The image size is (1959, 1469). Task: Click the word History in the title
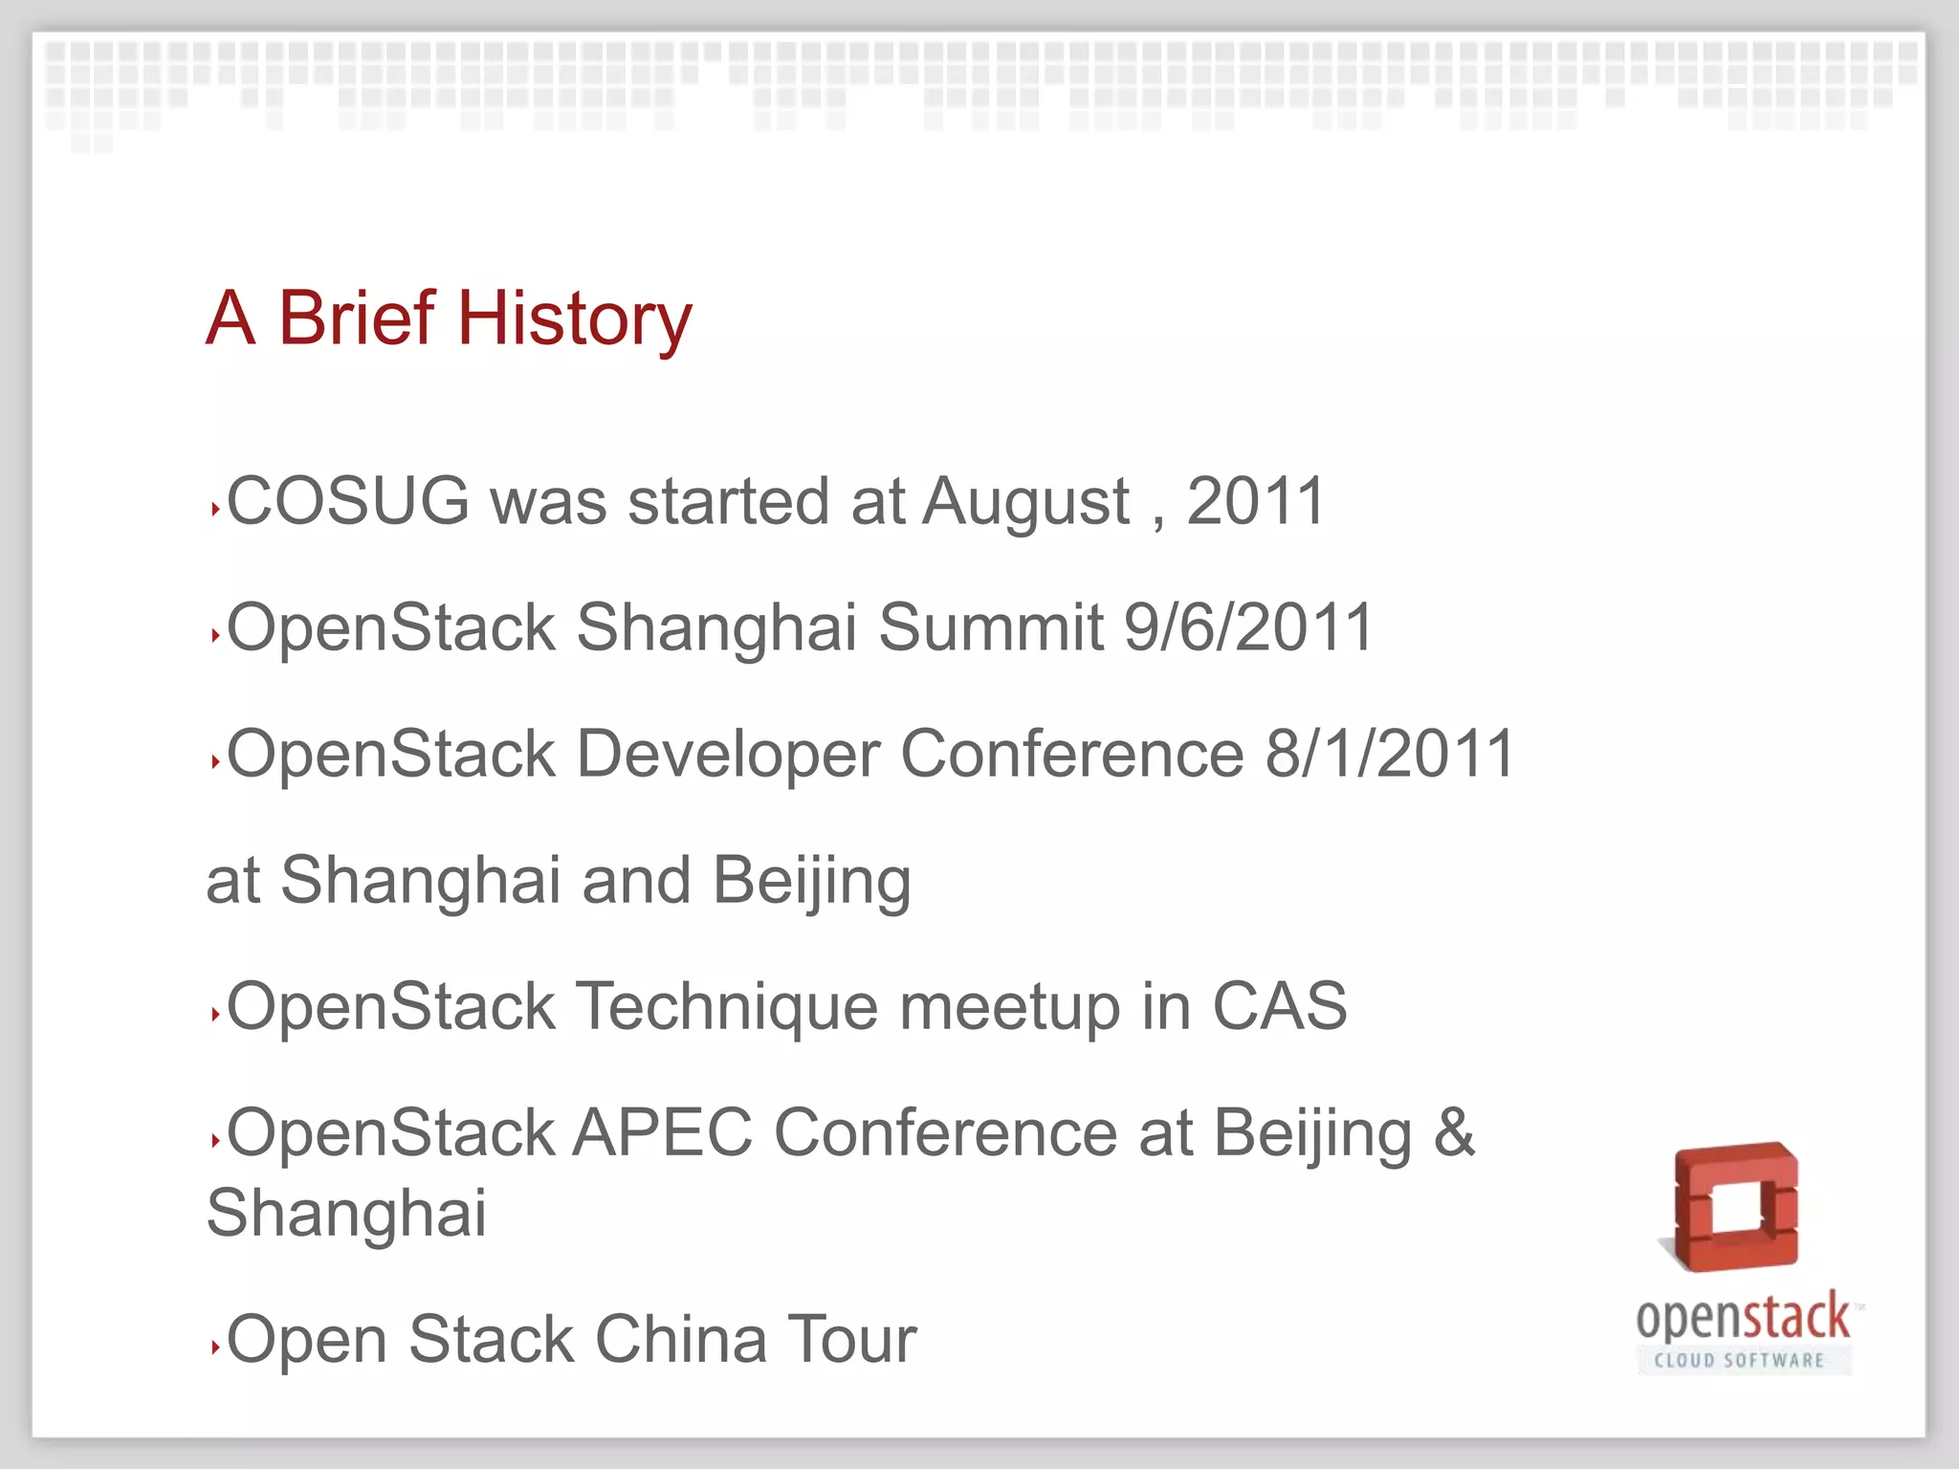coord(574,318)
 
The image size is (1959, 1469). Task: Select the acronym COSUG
coord(348,500)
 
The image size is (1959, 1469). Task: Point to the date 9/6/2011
coord(1248,627)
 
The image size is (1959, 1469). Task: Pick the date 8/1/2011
coord(1390,754)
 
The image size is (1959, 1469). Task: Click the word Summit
coord(991,627)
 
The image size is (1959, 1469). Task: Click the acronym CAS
coord(1280,1006)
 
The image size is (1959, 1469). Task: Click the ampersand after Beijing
coord(1454,1132)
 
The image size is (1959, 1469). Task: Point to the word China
coord(680,1339)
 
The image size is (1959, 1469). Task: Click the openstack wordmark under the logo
coord(1743,1318)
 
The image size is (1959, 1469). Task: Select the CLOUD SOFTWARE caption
coord(1740,1360)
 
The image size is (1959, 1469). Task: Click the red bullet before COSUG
coord(215,510)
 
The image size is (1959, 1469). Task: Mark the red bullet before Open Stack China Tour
coord(215,1348)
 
